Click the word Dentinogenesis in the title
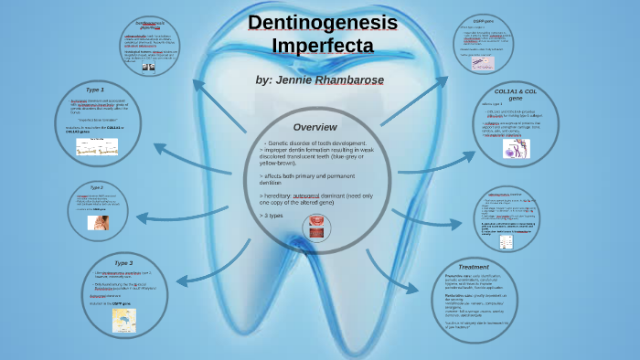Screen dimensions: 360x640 point(311,23)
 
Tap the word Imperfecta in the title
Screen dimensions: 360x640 point(311,45)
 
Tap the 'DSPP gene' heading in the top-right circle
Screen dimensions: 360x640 point(485,20)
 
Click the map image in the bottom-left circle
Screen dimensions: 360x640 point(123,319)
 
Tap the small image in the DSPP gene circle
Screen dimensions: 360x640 point(483,63)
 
